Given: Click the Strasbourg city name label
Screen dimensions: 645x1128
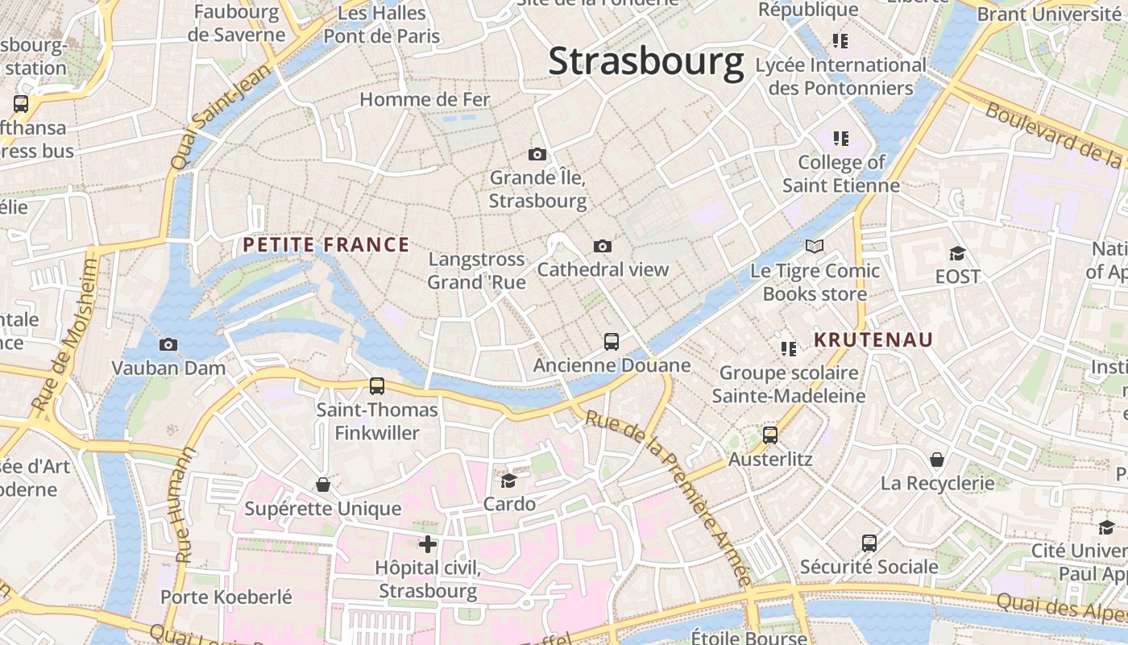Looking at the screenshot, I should tap(645, 62).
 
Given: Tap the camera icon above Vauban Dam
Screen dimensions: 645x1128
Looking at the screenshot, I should tap(168, 345).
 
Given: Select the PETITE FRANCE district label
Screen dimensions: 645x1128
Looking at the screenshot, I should tap(326, 245).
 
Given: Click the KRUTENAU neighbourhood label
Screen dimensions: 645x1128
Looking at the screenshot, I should tap(873, 340).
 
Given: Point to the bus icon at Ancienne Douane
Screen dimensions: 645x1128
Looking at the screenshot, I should tap(612, 342).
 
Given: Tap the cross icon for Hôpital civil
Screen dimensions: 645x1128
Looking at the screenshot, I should tap(428, 545).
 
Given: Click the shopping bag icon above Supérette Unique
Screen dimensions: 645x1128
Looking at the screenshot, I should tap(323, 485).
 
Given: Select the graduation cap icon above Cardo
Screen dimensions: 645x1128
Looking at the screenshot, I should tap(508, 481).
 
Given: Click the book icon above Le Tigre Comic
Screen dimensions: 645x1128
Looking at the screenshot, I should tap(815, 247).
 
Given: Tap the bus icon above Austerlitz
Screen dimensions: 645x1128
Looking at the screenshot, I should tap(770, 435).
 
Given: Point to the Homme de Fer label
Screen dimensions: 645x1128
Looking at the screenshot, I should tap(425, 100).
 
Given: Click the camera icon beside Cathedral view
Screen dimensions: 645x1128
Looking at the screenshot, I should tap(602, 247).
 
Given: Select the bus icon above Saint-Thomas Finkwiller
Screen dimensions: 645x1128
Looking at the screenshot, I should tap(377, 386).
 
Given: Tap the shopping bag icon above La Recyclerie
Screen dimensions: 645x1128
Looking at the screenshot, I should tap(937, 460).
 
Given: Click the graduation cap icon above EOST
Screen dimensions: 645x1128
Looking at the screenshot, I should tap(957, 253).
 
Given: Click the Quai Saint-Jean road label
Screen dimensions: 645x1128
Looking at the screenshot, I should tap(208, 119).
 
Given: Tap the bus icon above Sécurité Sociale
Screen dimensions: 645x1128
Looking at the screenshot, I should tap(869, 543).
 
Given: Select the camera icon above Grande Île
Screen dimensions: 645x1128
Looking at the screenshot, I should tap(537, 154).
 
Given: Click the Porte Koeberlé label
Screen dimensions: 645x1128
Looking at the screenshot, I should tap(226, 597).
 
